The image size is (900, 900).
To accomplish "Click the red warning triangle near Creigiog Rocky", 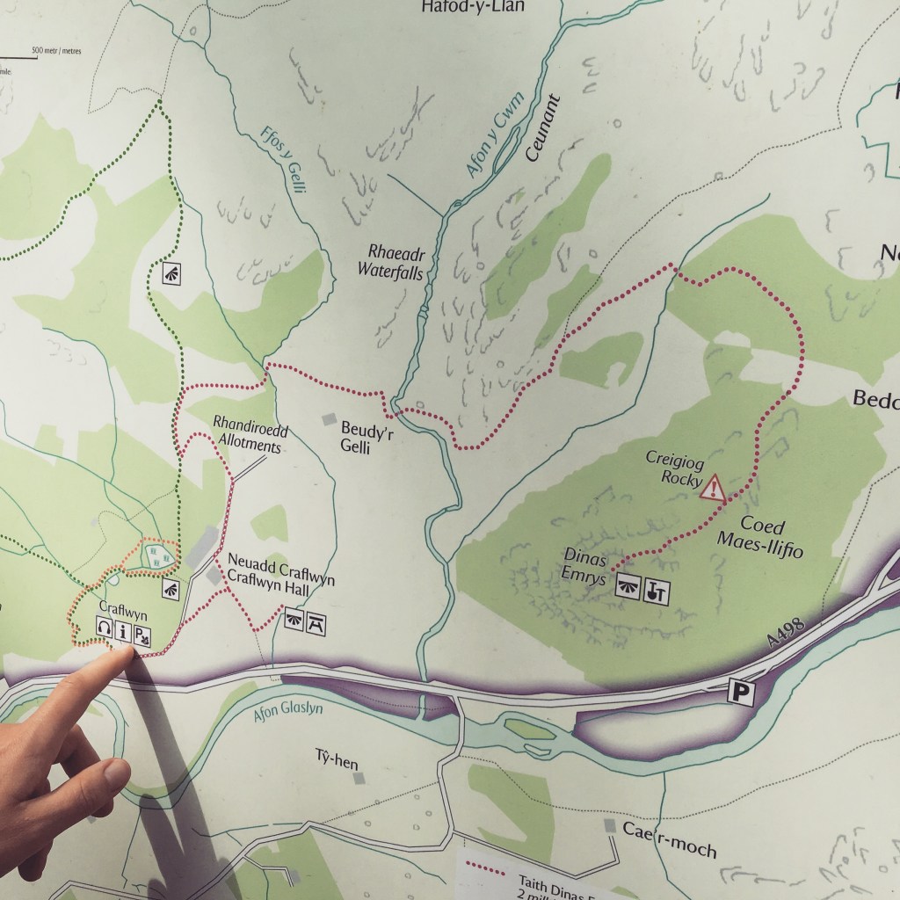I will click(x=713, y=487).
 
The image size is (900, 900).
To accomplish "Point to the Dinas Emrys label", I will click(x=584, y=567).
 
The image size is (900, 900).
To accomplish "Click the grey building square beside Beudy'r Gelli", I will click(x=330, y=420).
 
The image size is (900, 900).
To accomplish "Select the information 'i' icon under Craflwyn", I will click(x=122, y=629).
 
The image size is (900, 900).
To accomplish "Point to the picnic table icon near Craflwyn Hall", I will click(x=314, y=623).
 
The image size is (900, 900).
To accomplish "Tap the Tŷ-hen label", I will click(x=337, y=759).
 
